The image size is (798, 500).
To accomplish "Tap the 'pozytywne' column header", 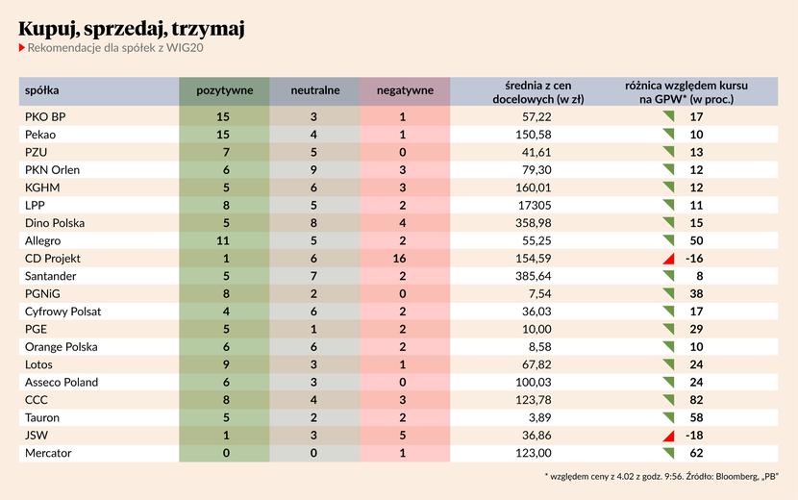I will (224, 90).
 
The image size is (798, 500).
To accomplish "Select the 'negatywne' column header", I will (405, 90).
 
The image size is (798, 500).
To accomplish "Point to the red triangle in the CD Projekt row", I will (661, 260).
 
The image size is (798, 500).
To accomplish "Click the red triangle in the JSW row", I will (661, 436).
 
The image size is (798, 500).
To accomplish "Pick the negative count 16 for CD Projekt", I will (402, 259).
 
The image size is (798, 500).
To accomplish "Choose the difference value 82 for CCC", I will (697, 400).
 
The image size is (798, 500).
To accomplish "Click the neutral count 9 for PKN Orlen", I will (313, 170).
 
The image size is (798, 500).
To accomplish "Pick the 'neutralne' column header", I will (315, 90).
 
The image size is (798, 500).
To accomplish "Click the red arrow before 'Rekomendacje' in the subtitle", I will (22, 49).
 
